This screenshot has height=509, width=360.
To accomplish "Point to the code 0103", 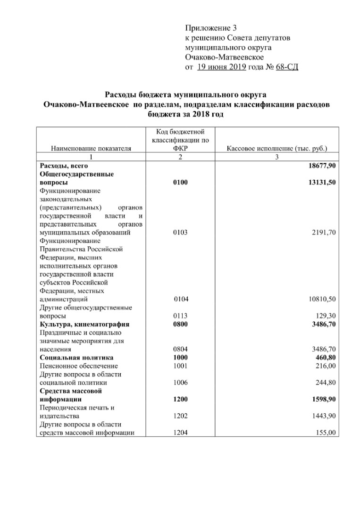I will click(x=180, y=232).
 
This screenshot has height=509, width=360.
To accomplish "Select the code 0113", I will click(x=180, y=316).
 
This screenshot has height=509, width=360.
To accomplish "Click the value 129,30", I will click(x=326, y=316).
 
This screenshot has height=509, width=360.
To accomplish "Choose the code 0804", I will click(x=180, y=350).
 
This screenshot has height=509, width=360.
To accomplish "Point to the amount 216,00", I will click(x=326, y=366).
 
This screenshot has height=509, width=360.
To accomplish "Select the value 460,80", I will click(x=325, y=358).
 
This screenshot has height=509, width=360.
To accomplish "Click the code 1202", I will click(x=180, y=417).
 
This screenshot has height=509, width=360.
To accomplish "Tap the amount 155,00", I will click(x=326, y=433).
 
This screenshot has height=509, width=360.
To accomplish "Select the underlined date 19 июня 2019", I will click(x=221, y=67).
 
